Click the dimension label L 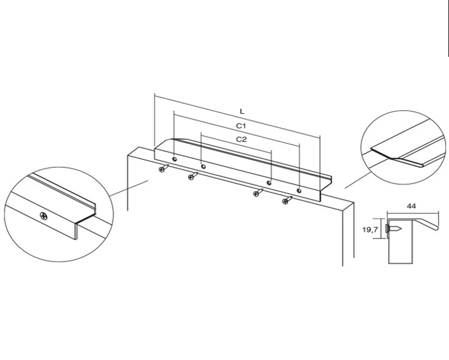click(242, 112)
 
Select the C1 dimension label click(241, 126)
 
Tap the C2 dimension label click(241, 139)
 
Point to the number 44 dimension click(411, 206)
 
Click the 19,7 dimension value click(370, 229)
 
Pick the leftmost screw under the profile click(164, 168)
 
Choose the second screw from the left click(193, 176)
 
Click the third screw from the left click(258, 192)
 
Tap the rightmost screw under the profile click(287, 200)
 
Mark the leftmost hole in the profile click(174, 159)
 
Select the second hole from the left click(203, 167)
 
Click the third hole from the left click(269, 183)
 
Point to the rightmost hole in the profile click(299, 191)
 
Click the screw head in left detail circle click(44, 216)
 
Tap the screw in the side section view click(394, 229)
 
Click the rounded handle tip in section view click(436, 228)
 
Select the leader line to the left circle click(129, 188)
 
